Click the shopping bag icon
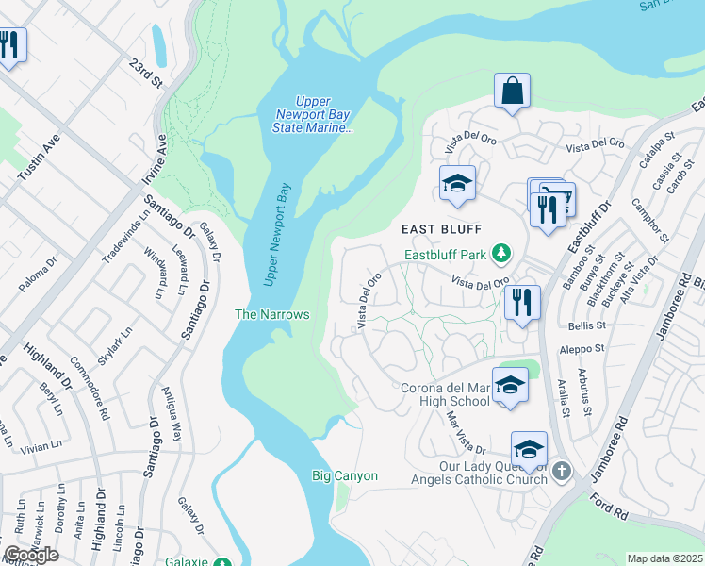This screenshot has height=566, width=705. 512,92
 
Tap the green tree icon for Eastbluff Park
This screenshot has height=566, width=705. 502,253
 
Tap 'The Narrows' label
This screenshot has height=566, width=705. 271,314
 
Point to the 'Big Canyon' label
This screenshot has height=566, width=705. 345,475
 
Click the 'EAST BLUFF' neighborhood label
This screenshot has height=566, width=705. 441,229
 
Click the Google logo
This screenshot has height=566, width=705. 31,555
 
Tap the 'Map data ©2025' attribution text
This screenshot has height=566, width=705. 664,558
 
